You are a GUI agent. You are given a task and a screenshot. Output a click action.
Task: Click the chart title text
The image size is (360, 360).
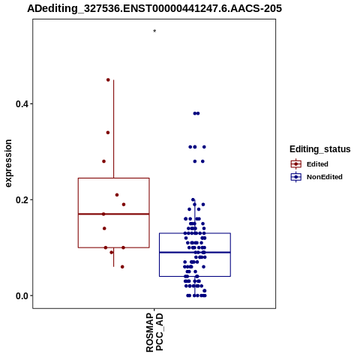(x=154, y=8)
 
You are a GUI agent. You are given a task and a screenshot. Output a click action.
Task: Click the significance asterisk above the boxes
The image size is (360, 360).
(x=154, y=31)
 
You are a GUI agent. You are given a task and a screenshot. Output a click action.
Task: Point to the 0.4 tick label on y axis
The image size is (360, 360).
(x=21, y=103)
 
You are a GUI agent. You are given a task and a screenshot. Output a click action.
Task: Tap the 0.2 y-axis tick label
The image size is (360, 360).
(x=21, y=199)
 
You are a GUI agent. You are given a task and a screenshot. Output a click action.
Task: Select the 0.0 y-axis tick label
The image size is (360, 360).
(x=21, y=295)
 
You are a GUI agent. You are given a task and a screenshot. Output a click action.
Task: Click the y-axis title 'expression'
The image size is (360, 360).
(x=8, y=163)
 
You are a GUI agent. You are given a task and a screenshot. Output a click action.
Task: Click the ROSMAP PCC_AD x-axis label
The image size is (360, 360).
(x=154, y=332)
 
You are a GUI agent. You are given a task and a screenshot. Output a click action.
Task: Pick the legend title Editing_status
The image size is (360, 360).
(x=320, y=149)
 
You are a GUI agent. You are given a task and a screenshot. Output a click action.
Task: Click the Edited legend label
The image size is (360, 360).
(x=317, y=164)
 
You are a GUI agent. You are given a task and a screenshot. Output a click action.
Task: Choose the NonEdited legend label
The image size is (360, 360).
(x=325, y=177)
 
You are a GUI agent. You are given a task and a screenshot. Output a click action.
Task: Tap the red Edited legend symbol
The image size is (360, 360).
(x=296, y=164)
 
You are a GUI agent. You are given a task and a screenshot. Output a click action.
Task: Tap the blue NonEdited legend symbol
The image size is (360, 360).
(x=296, y=177)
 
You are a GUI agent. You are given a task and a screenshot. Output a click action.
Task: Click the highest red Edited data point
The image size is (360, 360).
(x=108, y=79)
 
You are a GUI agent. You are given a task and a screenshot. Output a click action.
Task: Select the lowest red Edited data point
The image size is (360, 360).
(x=122, y=267)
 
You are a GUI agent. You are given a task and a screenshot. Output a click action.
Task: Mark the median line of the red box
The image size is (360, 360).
(x=114, y=214)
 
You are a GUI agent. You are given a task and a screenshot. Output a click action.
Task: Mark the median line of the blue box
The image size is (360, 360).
(x=195, y=252)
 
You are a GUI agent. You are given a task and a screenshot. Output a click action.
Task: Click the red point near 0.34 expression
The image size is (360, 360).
(x=108, y=133)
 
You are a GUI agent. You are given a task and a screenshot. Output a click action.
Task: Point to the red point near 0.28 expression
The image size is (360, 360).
(x=103, y=161)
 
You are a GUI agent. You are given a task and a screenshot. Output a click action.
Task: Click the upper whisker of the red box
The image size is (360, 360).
(x=114, y=129)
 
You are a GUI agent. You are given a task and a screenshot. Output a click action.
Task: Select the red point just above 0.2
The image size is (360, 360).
(x=117, y=195)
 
